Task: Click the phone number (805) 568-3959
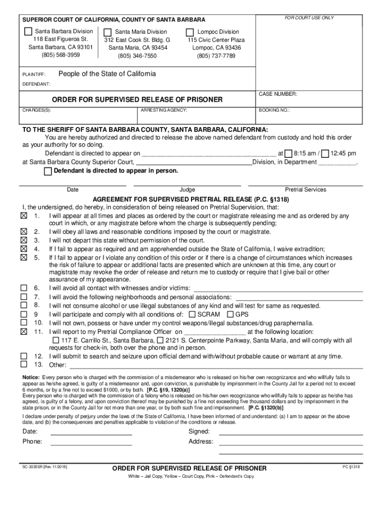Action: click(54, 55)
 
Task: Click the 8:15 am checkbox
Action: click(289, 153)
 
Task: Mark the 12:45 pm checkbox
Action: click(325, 153)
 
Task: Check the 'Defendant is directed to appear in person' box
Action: click(48, 171)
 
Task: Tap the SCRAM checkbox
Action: click(192, 314)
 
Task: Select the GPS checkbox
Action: click(230, 314)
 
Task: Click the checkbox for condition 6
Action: click(23, 288)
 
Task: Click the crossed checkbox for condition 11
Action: click(23, 331)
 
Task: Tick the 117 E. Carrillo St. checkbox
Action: click(56, 340)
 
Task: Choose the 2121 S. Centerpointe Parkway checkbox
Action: click(160, 340)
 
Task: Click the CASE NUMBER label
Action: click(278, 94)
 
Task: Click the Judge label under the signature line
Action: click(187, 190)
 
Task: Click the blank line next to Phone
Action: click(91, 442)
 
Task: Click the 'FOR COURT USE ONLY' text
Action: click(309, 18)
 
